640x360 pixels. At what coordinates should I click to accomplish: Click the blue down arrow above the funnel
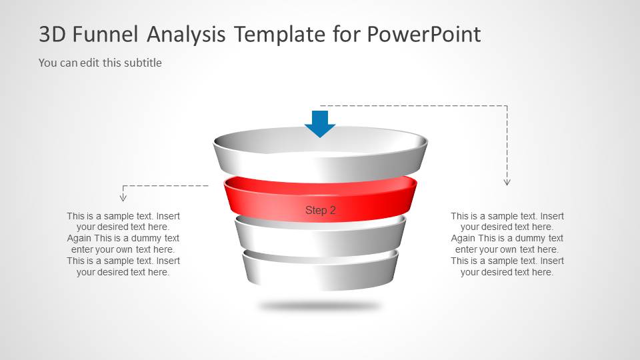320,123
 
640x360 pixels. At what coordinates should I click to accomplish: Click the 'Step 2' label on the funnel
321,210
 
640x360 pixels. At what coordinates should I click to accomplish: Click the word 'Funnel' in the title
109,34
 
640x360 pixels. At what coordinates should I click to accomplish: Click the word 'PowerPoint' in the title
423,34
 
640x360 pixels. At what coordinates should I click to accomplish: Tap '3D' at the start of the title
53,34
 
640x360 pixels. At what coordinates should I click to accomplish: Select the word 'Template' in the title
279,34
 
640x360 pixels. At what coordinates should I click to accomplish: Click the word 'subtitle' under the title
141,63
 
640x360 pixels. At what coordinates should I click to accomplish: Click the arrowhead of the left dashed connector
123,197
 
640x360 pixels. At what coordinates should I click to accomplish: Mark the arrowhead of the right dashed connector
507,181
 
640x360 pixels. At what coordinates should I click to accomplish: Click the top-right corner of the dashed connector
507,105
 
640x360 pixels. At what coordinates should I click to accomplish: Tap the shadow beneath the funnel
320,306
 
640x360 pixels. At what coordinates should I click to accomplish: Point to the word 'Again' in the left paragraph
79,238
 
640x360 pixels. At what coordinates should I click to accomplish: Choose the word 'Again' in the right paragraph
463,238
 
